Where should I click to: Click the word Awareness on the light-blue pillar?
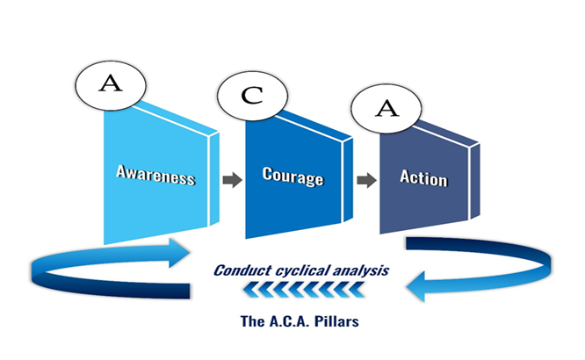point(155,176)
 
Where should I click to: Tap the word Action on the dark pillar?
point(423,179)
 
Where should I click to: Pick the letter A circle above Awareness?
point(111,84)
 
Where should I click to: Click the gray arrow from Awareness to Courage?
point(232,180)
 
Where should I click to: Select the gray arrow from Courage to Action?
point(366,182)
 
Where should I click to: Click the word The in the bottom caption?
point(252,320)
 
